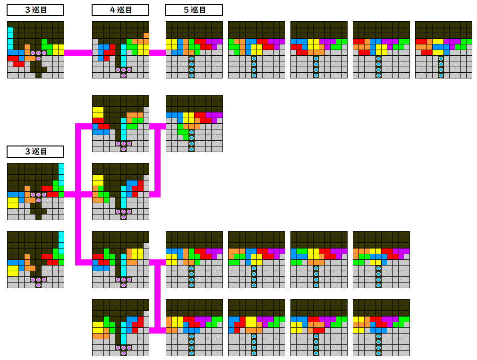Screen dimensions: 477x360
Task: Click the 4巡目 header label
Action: pos(120,10)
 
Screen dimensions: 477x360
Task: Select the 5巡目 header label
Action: pos(194,10)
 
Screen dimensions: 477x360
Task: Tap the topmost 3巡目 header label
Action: pos(35,10)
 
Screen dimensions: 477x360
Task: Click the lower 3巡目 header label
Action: pos(35,152)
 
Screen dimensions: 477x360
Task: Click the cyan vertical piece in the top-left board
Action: pos(10,39)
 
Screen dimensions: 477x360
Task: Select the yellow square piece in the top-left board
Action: pos(58,50)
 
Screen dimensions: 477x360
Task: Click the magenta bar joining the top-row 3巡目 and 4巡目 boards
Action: pos(78,52)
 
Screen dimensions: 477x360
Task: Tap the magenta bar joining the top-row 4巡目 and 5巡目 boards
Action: pos(157,52)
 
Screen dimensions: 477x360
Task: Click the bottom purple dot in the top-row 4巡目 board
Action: pos(124,76)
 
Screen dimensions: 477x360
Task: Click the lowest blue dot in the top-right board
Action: pos(441,76)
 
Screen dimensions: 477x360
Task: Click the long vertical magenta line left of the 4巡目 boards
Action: pos(78,195)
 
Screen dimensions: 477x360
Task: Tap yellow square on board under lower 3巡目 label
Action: pos(13,203)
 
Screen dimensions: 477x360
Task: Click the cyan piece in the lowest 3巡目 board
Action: pos(61,240)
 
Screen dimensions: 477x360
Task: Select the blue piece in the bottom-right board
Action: pos(378,327)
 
